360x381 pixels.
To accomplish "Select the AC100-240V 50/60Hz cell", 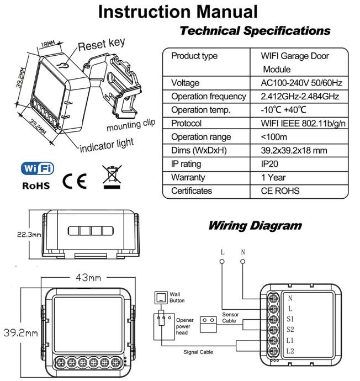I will pos(301,82).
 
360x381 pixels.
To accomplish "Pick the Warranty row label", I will pos(189,178).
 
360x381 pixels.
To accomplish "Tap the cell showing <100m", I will pos(274,136).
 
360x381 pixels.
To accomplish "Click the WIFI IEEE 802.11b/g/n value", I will pos(304,123).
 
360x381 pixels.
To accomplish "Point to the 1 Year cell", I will pos(274,178).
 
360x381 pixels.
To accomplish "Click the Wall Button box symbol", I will pos(161,298).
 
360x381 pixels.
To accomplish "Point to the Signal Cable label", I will pos(198,351).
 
